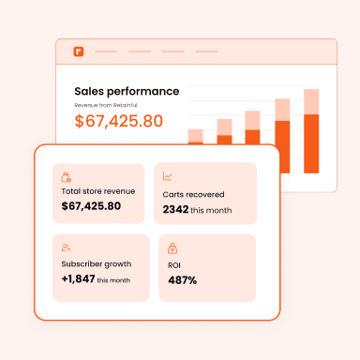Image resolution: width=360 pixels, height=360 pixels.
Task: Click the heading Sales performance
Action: [127, 91]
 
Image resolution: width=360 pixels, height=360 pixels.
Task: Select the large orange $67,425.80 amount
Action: [118, 121]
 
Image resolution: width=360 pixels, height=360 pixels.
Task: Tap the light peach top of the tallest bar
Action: [311, 103]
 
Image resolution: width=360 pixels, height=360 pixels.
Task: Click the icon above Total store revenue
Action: [66, 176]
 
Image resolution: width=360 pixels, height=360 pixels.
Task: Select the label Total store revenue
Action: [97, 191]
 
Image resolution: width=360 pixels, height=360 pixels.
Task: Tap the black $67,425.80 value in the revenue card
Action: [91, 205]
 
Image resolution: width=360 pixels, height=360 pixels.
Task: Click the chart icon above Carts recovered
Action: [167, 176]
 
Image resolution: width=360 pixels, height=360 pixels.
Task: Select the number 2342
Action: [174, 210]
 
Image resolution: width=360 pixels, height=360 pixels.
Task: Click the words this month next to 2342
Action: [211, 211]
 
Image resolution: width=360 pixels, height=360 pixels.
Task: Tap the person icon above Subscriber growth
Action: [66, 247]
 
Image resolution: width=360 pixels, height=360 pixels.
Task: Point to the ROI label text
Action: [173, 264]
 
